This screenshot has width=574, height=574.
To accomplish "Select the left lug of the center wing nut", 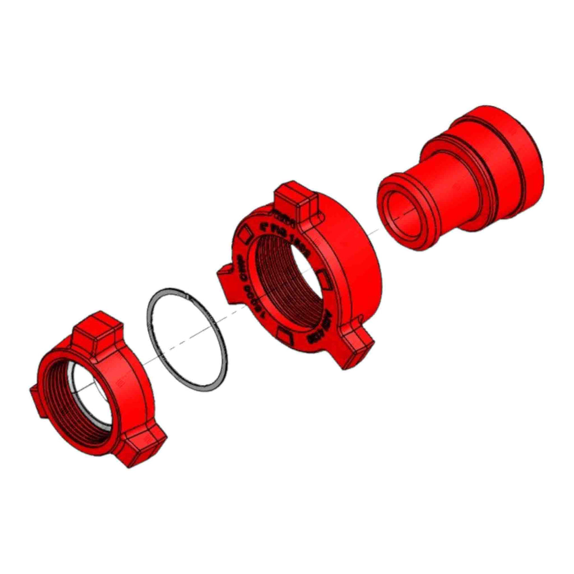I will click(x=226, y=278).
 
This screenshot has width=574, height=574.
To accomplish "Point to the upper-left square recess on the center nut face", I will click(x=245, y=233).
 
